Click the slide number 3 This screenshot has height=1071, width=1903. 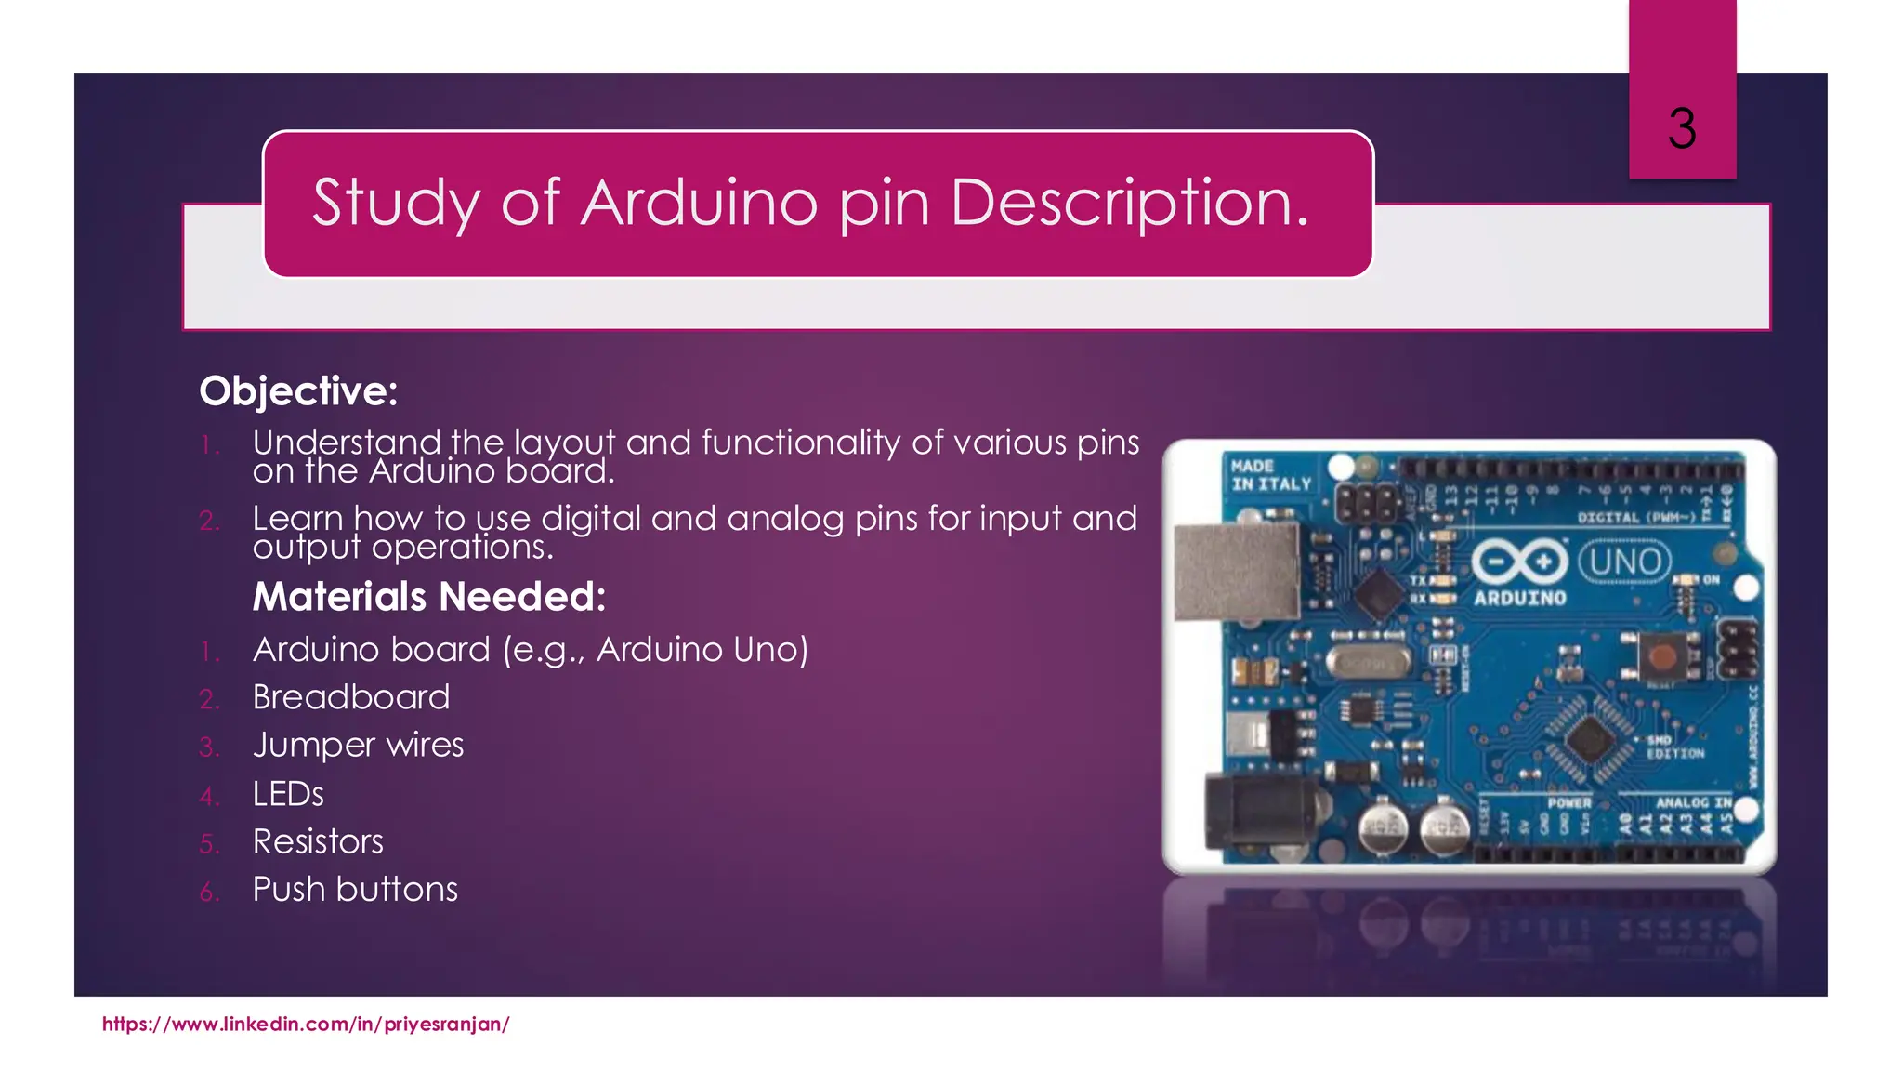(1682, 128)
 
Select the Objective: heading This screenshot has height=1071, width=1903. (298, 391)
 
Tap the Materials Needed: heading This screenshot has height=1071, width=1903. (429, 597)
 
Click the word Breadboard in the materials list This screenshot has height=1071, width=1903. (351, 697)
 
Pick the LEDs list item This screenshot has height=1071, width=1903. (288, 794)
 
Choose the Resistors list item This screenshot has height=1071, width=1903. (318, 842)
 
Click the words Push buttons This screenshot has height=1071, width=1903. (355, 890)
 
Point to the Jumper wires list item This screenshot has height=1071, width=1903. (358, 746)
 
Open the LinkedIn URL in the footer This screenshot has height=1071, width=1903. (306, 1025)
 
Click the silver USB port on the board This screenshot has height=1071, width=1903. (1236, 572)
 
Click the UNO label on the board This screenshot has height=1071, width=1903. (1625, 562)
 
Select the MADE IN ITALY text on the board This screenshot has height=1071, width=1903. (1270, 475)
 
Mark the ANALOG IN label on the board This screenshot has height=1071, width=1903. (1693, 801)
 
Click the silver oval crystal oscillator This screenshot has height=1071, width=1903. (1368, 663)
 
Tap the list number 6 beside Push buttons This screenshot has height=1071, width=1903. (209, 892)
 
